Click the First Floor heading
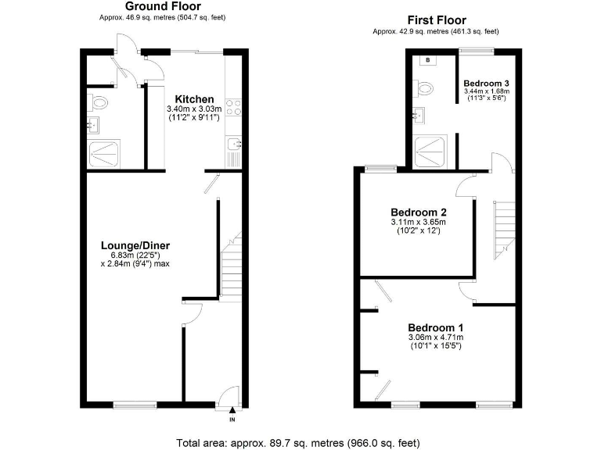pyautogui.click(x=436, y=20)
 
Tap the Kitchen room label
pyautogui.click(x=194, y=99)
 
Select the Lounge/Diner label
pyautogui.click(x=135, y=245)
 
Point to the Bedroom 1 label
pyautogui.click(x=436, y=327)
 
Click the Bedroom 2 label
pyautogui.click(x=419, y=212)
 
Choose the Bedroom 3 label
pyautogui.click(x=486, y=83)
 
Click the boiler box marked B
pyautogui.click(x=429, y=60)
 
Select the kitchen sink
pyautogui.click(x=232, y=144)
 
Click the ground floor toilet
pyautogui.click(x=99, y=102)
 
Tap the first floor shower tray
pyautogui.click(x=431, y=150)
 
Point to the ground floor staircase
pyautogui.click(x=232, y=269)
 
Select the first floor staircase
pyautogui.click(x=502, y=223)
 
